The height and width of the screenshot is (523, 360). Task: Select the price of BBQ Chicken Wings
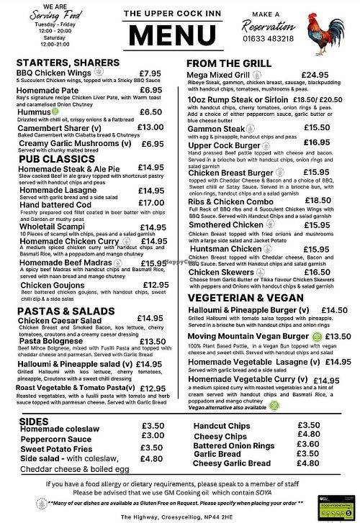pyautogui.click(x=150, y=73)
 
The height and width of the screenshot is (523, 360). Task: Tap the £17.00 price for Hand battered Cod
pyautogui.click(x=152, y=204)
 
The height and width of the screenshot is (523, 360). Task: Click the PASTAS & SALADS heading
pyautogui.click(x=66, y=310)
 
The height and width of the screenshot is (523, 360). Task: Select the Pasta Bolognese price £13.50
pyautogui.click(x=153, y=342)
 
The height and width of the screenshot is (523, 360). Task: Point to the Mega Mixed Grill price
pyautogui.click(x=315, y=75)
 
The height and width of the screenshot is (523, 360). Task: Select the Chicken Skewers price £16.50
pyautogui.click(x=317, y=273)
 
